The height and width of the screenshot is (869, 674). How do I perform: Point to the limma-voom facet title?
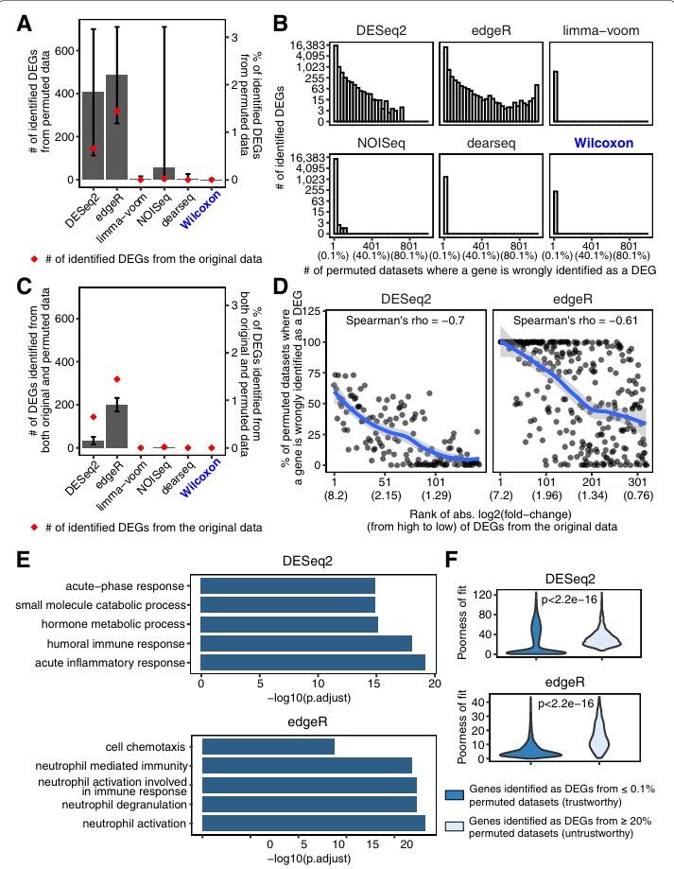pyautogui.click(x=598, y=31)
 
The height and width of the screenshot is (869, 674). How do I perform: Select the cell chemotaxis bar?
pyautogui.click(x=268, y=747)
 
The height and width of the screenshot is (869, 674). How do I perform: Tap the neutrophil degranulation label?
pyautogui.click(x=136, y=804)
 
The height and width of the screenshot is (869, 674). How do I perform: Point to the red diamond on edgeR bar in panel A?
pyautogui.click(x=117, y=112)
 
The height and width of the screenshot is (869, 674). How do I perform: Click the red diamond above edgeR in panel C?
pyautogui.click(x=117, y=380)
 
